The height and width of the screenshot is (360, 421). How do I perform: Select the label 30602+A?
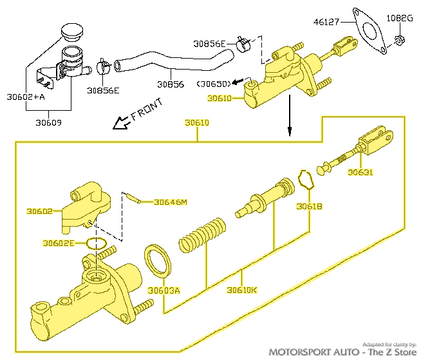(26, 97)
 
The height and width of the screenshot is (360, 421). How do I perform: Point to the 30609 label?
(48, 122)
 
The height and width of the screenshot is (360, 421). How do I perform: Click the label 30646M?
(170, 202)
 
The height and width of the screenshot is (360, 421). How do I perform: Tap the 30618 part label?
(309, 207)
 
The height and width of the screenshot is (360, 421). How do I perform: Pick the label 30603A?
(164, 290)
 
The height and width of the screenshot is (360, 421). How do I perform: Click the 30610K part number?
(241, 290)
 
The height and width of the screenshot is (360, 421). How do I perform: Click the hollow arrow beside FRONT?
(120, 122)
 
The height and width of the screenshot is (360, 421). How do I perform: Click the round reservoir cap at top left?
(72, 32)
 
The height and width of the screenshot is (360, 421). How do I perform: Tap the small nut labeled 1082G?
(398, 40)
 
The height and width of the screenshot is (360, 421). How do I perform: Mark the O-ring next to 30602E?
(96, 244)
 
